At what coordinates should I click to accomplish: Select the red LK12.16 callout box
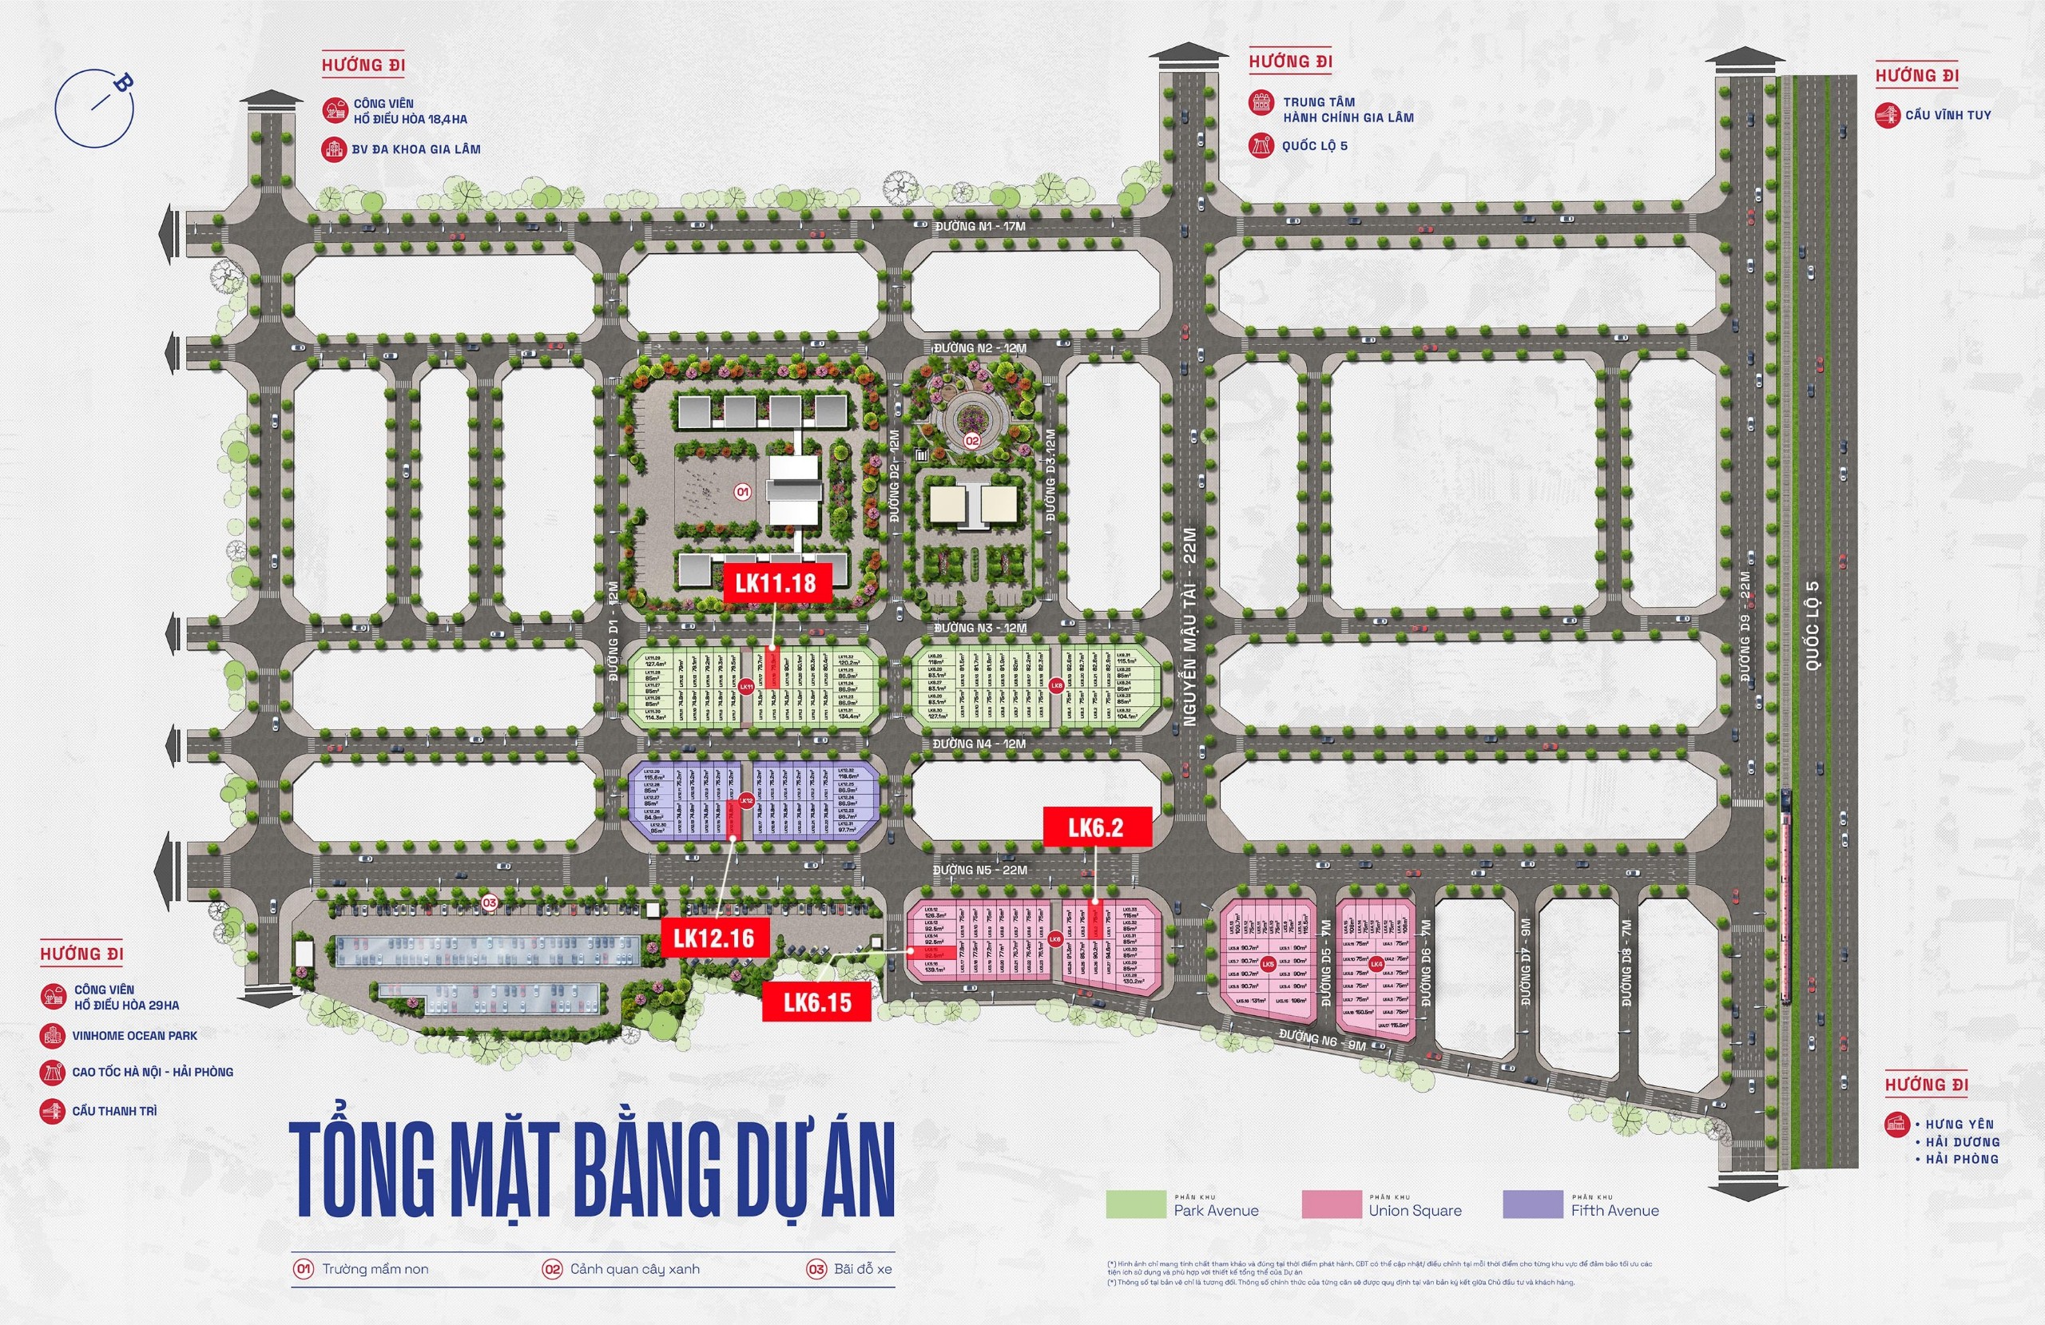point(714,938)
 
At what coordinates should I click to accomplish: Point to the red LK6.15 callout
point(817,1002)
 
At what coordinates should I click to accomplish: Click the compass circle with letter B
point(94,107)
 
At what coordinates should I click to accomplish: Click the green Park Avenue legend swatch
point(1135,1204)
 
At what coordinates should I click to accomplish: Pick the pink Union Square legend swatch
point(1331,1204)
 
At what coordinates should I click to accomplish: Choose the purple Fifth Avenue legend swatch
point(1533,1204)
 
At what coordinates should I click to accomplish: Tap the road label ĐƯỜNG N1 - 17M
point(979,226)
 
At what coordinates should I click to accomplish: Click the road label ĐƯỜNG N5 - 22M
point(979,870)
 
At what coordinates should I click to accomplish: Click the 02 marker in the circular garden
point(972,441)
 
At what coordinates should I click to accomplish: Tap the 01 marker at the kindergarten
point(742,492)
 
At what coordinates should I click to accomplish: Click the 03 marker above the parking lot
point(490,903)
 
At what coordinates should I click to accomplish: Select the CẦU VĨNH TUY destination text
point(1947,115)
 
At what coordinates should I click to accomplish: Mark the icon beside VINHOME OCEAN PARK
point(53,1035)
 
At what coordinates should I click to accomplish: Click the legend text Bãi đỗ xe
point(862,1269)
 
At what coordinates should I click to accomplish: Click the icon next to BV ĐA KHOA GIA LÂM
point(333,149)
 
